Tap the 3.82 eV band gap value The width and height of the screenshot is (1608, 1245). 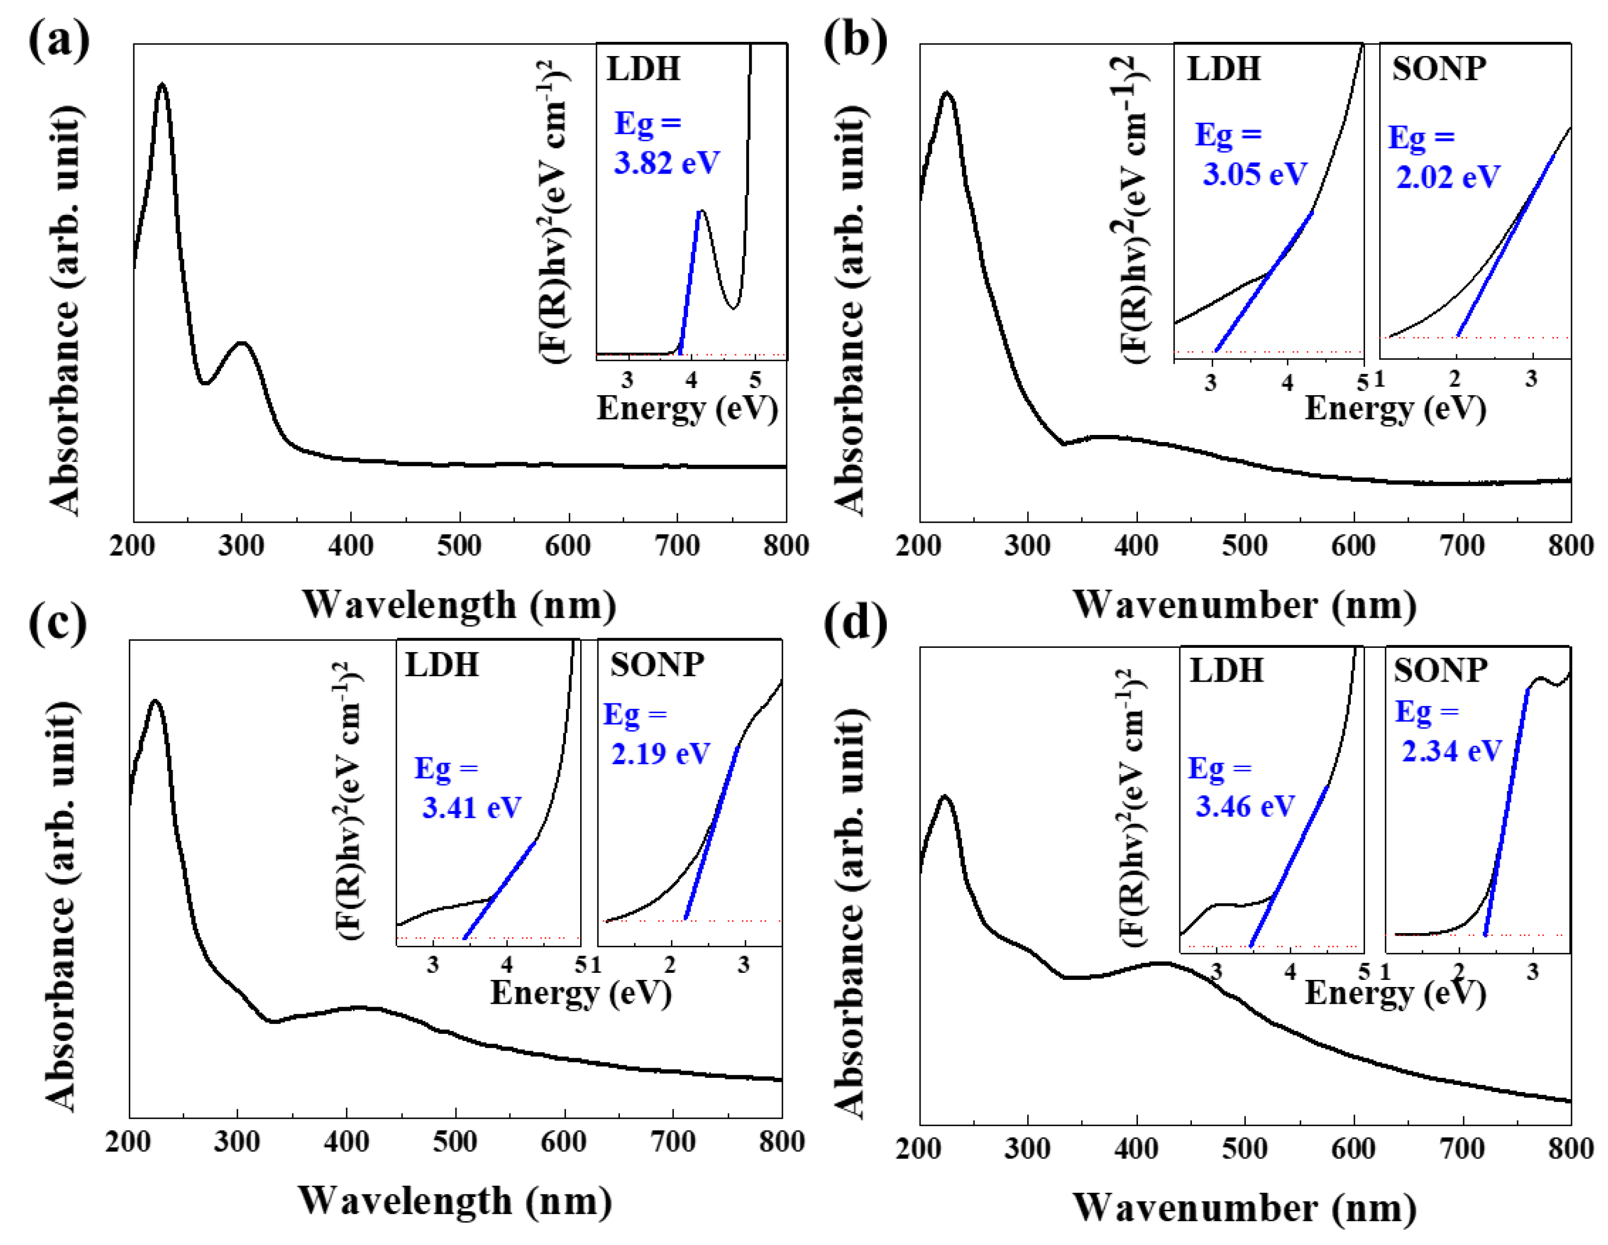point(666,163)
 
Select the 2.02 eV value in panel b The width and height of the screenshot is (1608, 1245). point(1447,176)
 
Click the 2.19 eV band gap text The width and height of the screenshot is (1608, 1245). point(660,753)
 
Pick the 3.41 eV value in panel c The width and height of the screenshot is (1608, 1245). point(471,808)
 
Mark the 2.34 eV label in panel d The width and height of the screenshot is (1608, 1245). point(1451,751)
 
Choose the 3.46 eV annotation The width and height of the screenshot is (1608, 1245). point(1244,806)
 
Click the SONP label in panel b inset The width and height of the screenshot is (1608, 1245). point(1439,69)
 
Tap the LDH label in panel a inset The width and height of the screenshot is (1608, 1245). point(643,69)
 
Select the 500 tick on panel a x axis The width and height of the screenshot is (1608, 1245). point(459,546)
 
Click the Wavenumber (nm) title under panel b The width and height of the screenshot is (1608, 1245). point(1244,605)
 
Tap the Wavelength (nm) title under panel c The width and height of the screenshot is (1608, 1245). point(455,1201)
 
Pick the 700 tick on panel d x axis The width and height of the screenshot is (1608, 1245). point(1462,1148)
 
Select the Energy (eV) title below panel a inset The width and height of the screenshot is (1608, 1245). point(687,408)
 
